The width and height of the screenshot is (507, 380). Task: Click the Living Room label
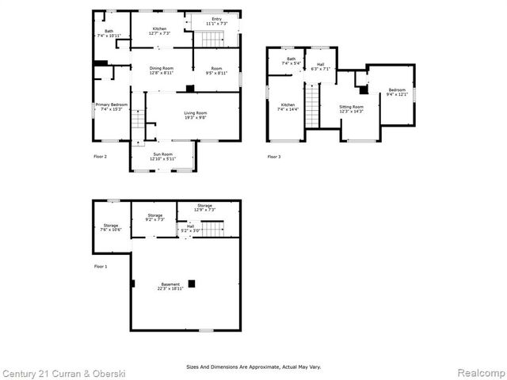195,116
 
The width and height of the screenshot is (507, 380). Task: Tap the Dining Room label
162,70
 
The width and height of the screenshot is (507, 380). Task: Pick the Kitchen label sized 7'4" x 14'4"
288,106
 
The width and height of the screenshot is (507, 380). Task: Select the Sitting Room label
351,108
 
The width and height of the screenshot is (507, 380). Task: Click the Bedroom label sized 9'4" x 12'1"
396,92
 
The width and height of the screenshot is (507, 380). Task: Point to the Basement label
170,286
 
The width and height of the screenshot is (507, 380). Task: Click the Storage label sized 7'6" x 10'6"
110,227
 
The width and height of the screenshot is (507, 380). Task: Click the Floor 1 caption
101,266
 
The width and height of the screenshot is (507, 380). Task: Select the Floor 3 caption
273,157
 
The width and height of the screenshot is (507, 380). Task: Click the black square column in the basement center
191,283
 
